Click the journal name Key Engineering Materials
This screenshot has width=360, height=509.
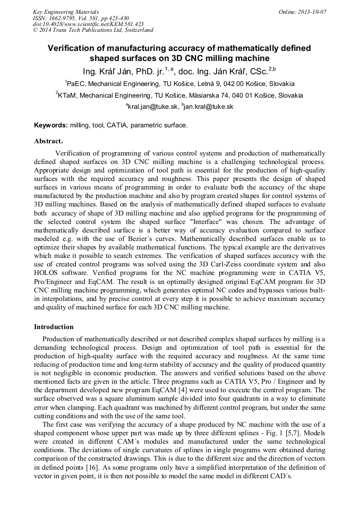pos(66,12)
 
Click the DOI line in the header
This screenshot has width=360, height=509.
pos(88,24)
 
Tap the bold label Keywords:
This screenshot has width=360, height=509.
pos(51,125)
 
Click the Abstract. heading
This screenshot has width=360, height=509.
pos(48,141)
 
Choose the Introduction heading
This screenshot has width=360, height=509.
pos(54,327)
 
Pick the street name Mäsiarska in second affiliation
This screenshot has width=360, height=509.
pos(187,95)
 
